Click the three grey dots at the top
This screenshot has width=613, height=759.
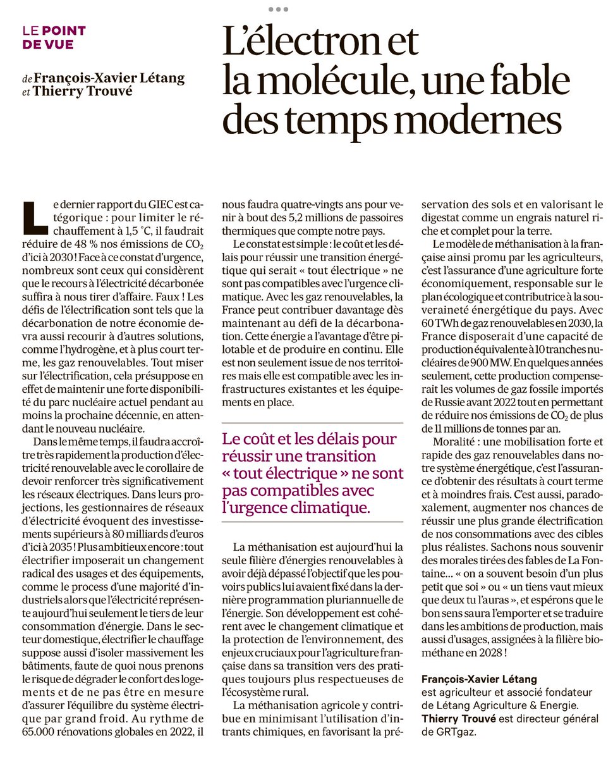278,9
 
